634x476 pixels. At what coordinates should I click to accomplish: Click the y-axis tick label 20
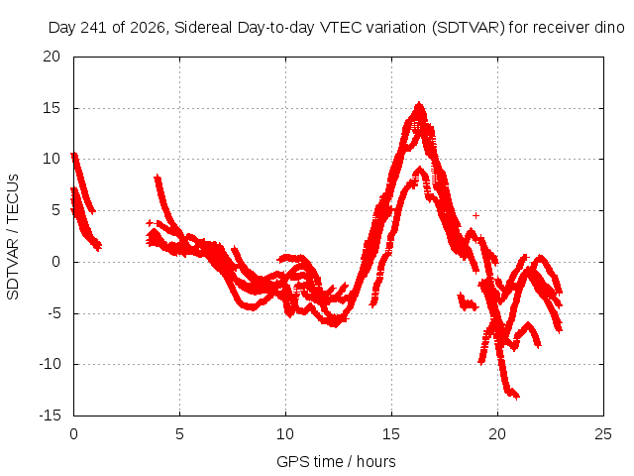[52, 57]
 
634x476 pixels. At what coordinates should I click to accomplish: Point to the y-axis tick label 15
[52, 108]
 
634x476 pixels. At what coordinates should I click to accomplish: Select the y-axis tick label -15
[50, 416]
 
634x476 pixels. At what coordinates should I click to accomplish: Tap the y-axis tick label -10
[50, 364]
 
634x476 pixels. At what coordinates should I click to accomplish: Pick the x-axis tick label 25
[603, 434]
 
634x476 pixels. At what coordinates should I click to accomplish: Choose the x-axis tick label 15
[391, 434]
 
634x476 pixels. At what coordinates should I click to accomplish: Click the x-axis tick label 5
[179, 434]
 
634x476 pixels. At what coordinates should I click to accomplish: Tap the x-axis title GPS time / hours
[336, 461]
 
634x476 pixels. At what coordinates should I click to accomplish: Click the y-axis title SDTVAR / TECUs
[13, 237]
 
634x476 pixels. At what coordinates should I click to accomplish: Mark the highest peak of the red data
[419, 103]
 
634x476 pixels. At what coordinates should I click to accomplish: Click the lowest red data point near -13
[516, 397]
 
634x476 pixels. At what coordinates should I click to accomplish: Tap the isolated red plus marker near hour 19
[475, 216]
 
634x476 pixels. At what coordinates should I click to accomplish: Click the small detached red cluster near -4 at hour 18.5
[468, 302]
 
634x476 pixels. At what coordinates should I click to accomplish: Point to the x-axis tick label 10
[285, 434]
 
